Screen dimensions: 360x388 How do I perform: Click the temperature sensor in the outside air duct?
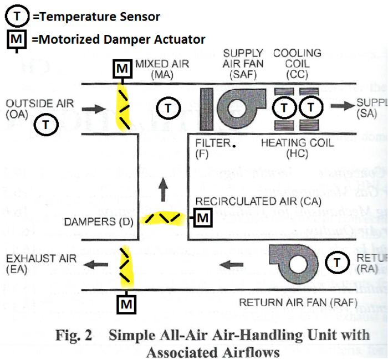click(47, 125)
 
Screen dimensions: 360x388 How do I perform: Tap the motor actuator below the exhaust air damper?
click(126, 303)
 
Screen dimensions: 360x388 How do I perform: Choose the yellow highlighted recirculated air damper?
click(164, 218)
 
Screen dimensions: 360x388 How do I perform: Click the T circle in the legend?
click(17, 17)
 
